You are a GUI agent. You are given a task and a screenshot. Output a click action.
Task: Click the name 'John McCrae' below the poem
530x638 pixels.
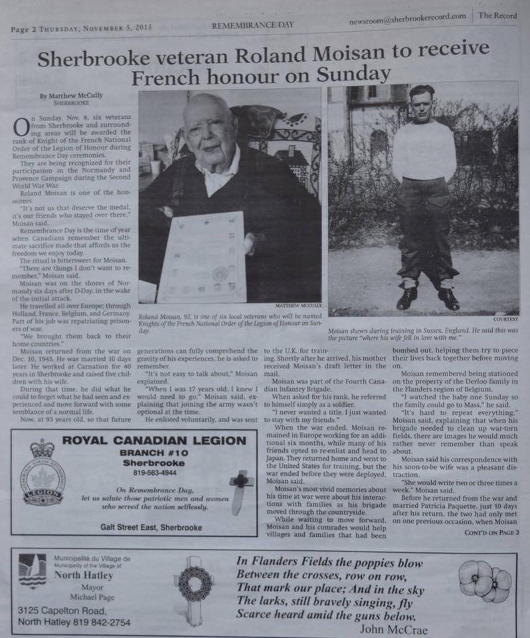(393, 628)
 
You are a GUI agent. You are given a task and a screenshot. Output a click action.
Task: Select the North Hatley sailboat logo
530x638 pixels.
(33, 570)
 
